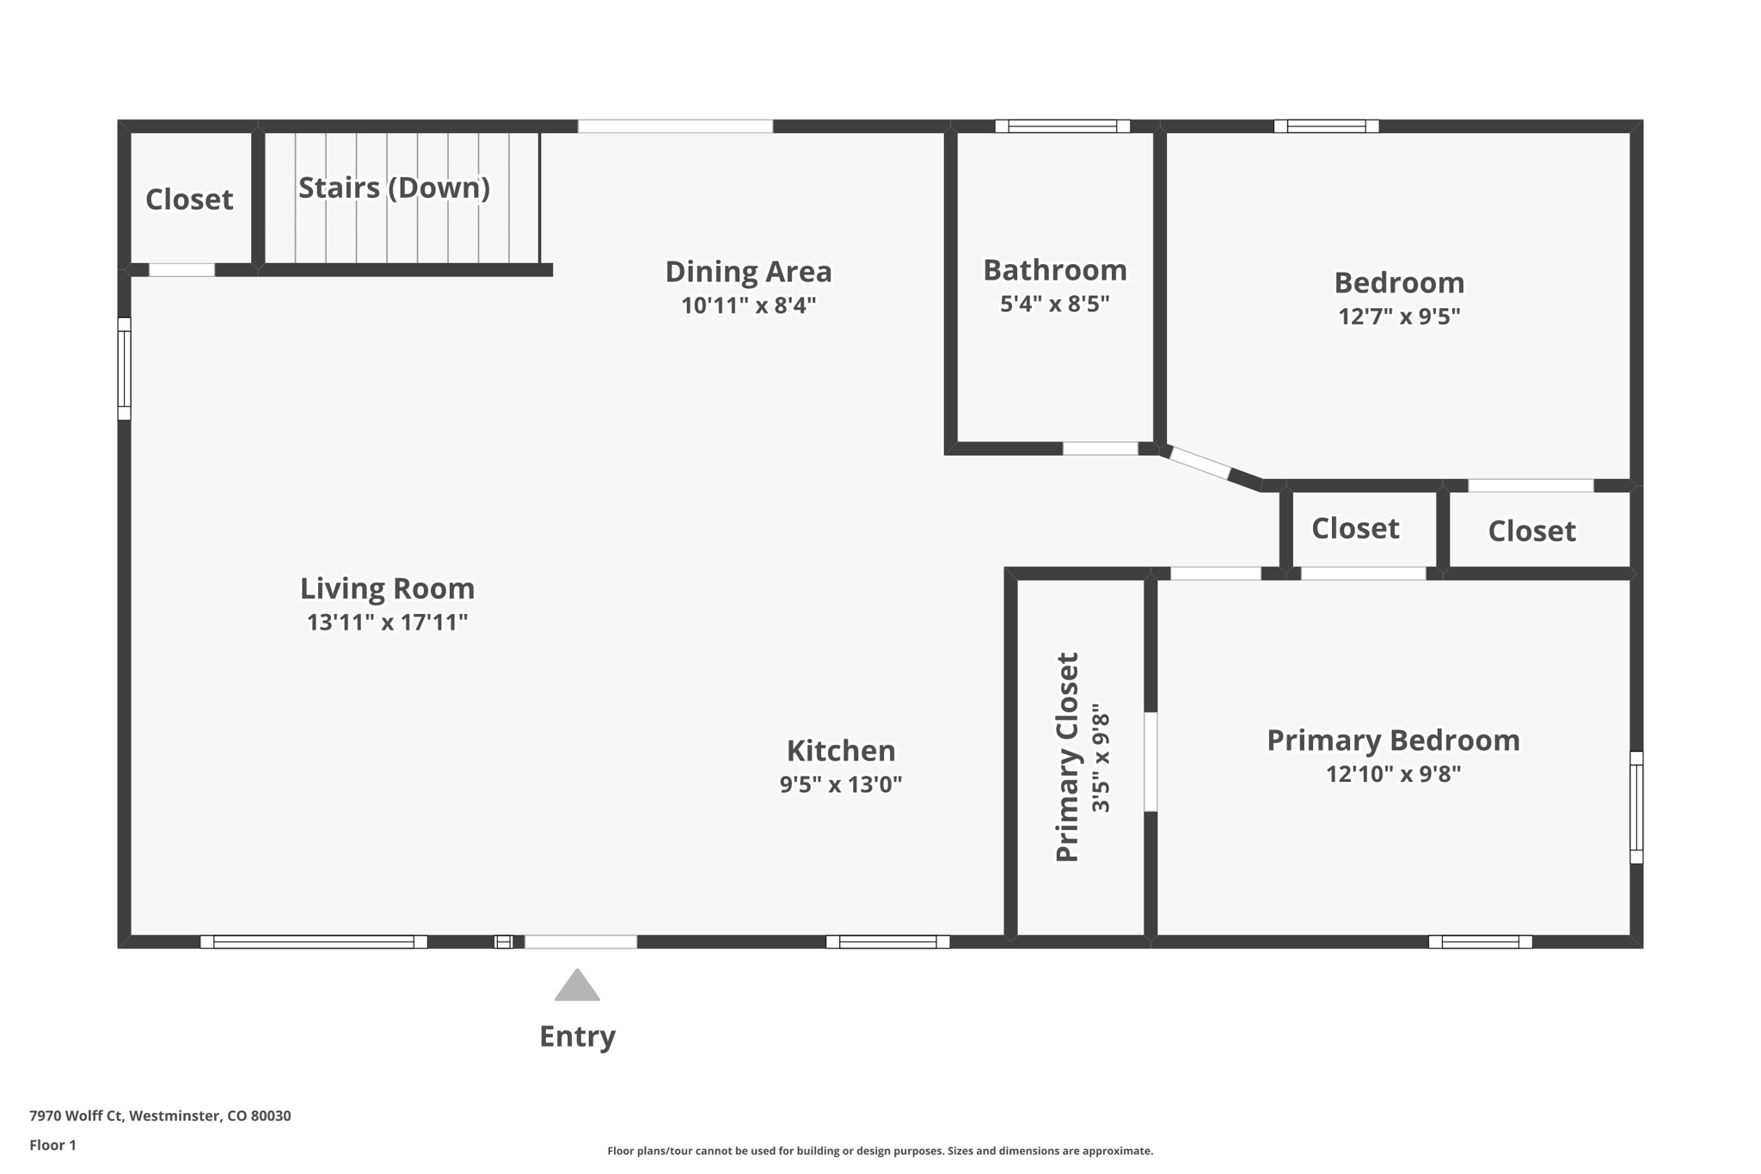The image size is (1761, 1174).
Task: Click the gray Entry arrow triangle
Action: point(577,986)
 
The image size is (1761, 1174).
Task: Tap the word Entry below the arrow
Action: point(577,1036)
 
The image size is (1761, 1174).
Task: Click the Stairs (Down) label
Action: point(394,187)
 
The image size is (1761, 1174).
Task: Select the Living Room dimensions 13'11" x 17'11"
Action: point(387,622)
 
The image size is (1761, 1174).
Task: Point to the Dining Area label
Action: point(748,272)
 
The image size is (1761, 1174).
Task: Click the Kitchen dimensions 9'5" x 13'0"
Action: point(841,784)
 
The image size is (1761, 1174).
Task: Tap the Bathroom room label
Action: point(1055,270)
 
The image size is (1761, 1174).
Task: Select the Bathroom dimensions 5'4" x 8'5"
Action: point(1055,304)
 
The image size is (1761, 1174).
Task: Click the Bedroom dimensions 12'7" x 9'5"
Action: point(1399,317)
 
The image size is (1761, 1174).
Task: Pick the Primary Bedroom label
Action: point(1393,741)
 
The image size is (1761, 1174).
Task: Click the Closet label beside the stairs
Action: point(189,200)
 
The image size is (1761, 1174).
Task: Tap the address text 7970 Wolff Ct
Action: point(77,1116)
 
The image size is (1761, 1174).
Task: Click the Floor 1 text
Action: point(52,1145)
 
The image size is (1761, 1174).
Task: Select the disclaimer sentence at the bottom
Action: point(880,1151)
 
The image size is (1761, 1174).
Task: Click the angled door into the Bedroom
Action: point(1200,463)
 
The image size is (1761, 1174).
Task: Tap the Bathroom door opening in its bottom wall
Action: point(1101,448)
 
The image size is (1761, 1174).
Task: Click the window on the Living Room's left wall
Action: point(125,369)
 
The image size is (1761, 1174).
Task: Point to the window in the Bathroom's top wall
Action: point(1063,126)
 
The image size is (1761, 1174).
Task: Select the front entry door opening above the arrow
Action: point(581,942)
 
